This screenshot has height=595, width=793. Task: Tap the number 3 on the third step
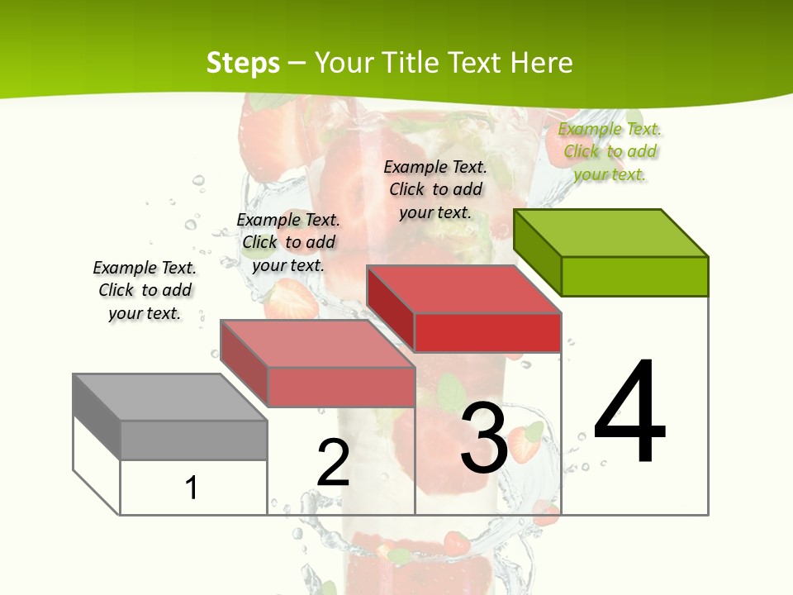(484, 438)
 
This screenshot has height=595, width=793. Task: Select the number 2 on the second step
(334, 462)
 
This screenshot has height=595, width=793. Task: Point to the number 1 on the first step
(192, 488)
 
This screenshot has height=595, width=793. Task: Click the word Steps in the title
(243, 63)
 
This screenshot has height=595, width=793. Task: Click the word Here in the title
(542, 63)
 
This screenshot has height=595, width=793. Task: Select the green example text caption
(610, 151)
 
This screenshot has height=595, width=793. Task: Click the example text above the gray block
(145, 290)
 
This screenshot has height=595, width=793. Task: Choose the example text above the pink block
(288, 242)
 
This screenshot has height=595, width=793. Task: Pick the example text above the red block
(435, 189)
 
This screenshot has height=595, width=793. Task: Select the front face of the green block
(634, 276)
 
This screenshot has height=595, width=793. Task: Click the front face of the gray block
(193, 440)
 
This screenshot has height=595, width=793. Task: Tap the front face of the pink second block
(340, 387)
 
